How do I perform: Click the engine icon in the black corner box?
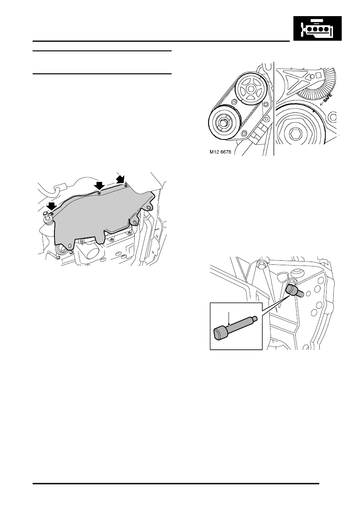pyautogui.click(x=317, y=29)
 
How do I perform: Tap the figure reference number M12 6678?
pyautogui.click(x=220, y=152)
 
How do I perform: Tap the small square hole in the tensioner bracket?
pyautogui.click(x=318, y=74)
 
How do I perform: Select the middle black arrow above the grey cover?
pyautogui.click(x=99, y=186)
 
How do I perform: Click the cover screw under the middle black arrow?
pyautogui.click(x=99, y=193)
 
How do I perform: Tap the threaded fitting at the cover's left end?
pyautogui.click(x=47, y=218)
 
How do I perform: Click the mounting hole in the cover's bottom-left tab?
pyautogui.click(x=70, y=245)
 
